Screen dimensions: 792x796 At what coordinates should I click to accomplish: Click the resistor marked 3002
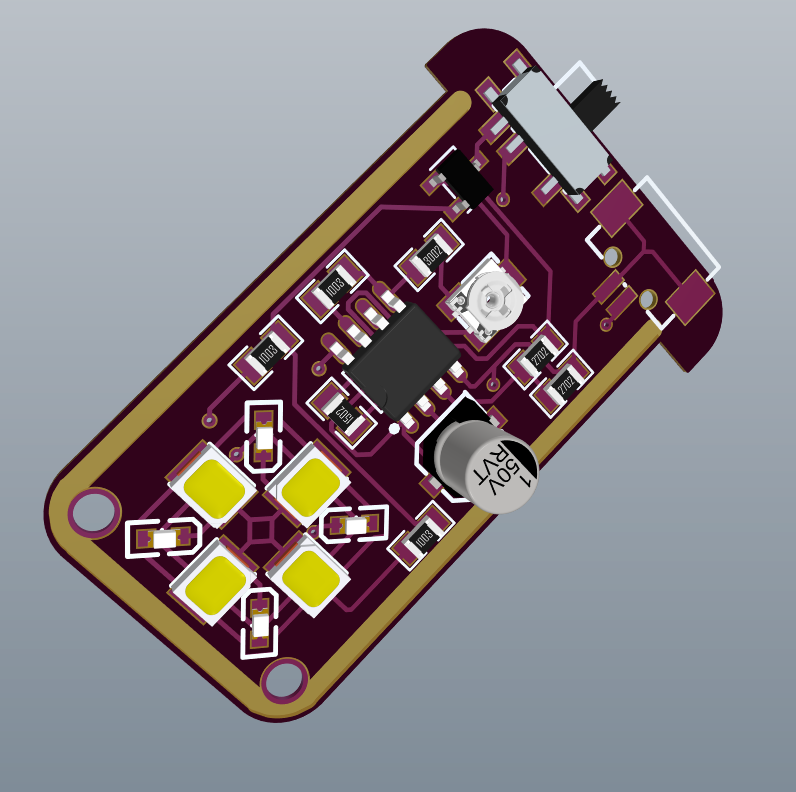[x=431, y=256]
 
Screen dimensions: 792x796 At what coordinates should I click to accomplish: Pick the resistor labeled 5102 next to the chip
[x=341, y=410]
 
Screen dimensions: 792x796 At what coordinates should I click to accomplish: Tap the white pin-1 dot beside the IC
[x=394, y=428]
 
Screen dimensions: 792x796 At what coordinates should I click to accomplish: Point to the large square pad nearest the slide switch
[x=616, y=208]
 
